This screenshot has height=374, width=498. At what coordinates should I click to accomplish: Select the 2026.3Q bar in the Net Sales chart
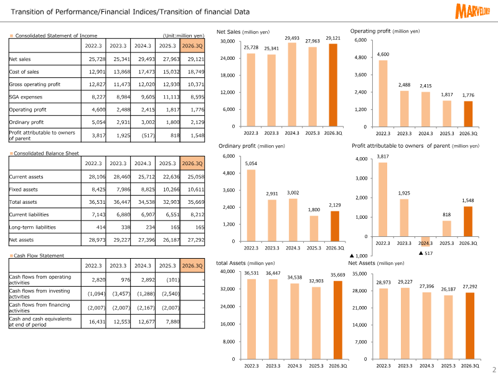tap(334, 85)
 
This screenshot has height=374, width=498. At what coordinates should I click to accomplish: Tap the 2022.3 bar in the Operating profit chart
tap(383, 93)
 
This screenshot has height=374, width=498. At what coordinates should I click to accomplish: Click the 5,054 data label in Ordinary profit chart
tap(251, 163)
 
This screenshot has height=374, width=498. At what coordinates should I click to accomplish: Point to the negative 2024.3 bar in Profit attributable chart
tap(426, 241)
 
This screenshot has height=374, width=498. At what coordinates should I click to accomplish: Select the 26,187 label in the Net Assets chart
tap(448, 289)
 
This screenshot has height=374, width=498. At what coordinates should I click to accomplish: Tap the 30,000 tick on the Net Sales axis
tap(227, 41)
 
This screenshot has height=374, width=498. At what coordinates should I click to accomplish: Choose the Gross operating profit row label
tap(35, 84)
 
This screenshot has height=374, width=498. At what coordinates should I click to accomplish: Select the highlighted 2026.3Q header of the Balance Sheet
tap(192, 163)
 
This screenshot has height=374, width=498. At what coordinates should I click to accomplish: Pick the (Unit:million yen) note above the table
tap(183, 36)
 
